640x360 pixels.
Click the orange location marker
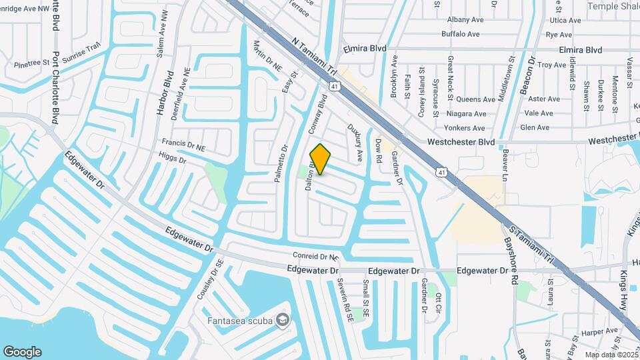point(321,159)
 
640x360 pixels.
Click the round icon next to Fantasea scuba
point(283,321)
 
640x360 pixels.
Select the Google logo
point(22,352)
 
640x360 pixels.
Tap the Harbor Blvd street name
point(164,93)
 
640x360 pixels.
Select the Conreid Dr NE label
point(316,256)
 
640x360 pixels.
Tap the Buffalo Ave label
point(460,34)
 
